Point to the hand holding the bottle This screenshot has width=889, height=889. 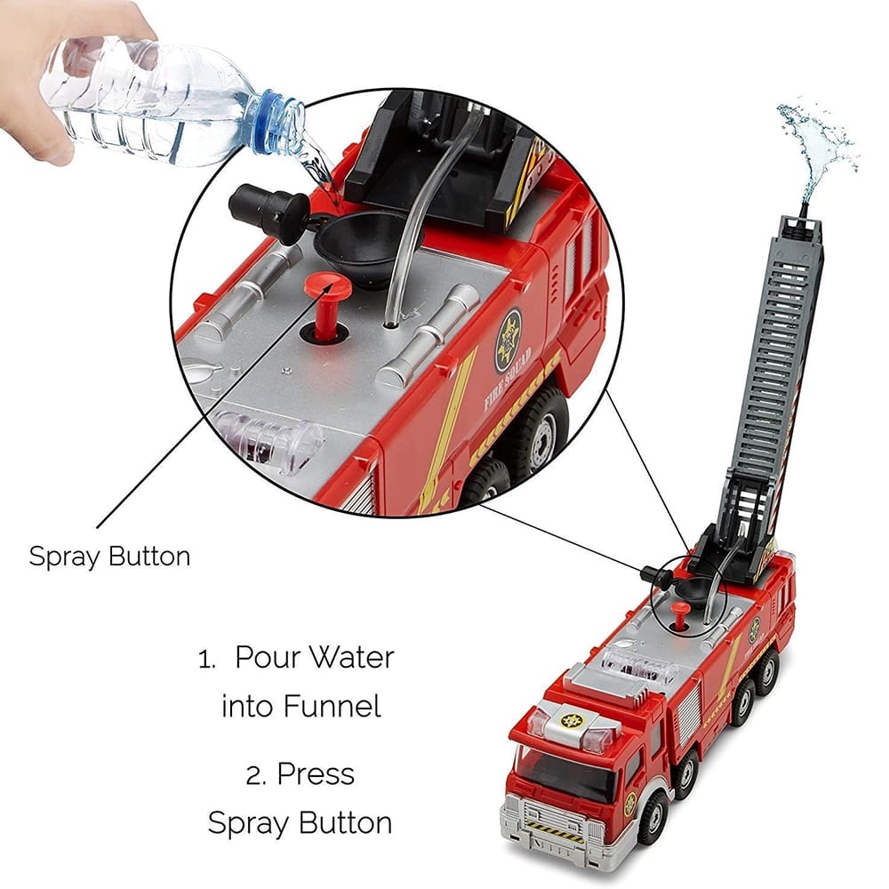click(53, 53)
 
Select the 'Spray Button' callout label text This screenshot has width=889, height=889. click(109, 557)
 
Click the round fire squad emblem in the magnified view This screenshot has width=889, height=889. click(508, 340)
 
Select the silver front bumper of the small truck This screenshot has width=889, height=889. click(542, 827)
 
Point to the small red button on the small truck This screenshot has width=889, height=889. click(680, 612)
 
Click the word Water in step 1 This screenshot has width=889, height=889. click(351, 660)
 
